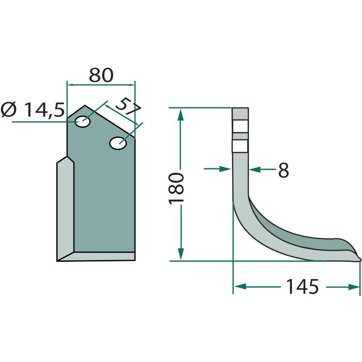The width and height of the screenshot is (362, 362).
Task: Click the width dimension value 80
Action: (101, 75)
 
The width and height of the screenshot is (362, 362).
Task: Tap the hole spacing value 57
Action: (128, 107)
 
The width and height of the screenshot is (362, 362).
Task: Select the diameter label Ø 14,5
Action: (33, 110)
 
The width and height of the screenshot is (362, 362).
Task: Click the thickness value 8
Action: (283, 170)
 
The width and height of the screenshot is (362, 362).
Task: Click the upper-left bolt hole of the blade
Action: (83, 122)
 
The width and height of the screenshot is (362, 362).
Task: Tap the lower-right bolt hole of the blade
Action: (118, 143)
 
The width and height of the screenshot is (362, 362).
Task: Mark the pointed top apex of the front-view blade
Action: (85, 105)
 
